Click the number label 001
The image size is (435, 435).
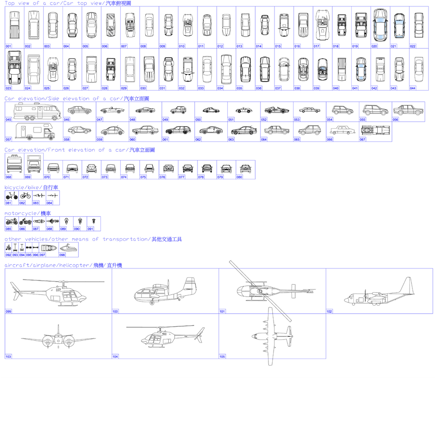[x=8, y=46]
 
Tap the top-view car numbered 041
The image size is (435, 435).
[x=361, y=69]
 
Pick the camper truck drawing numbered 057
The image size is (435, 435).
[x=35, y=132]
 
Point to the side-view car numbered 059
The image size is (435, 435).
[x=112, y=130]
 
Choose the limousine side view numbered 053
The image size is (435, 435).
[x=309, y=110]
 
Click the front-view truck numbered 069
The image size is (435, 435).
[x=34, y=164]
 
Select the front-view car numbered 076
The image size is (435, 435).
[x=169, y=168]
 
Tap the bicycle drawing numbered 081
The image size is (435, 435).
[x=11, y=196]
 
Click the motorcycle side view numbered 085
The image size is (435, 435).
[x=11, y=221]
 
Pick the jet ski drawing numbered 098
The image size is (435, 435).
[x=69, y=249]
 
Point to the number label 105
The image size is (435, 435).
[x=222, y=356]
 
